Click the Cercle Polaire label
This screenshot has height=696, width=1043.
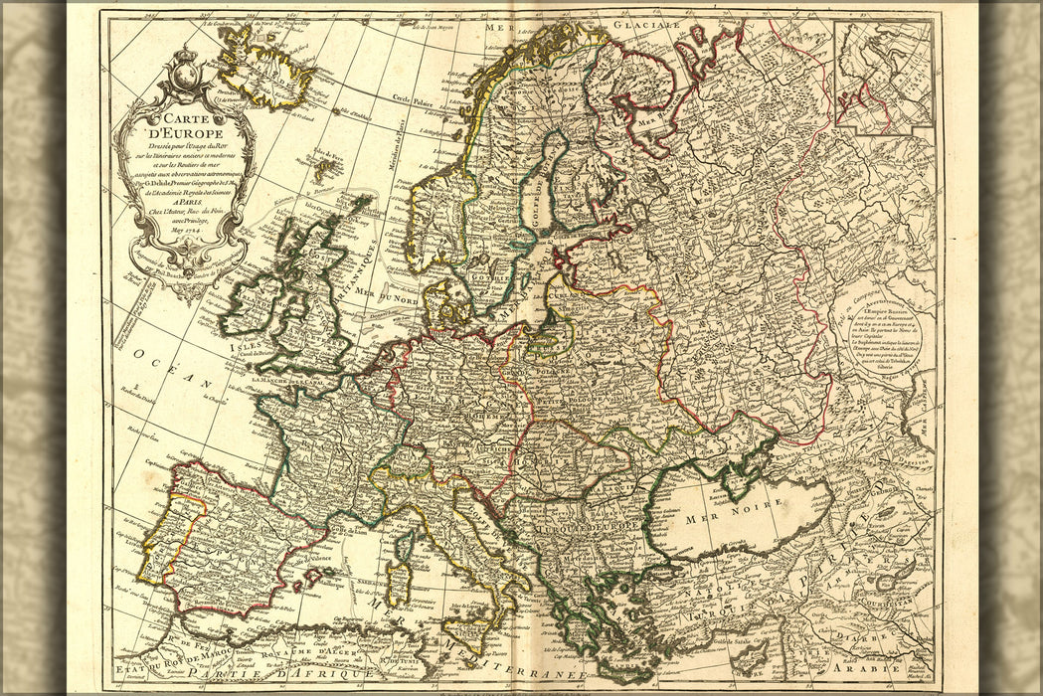click(415, 98)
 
